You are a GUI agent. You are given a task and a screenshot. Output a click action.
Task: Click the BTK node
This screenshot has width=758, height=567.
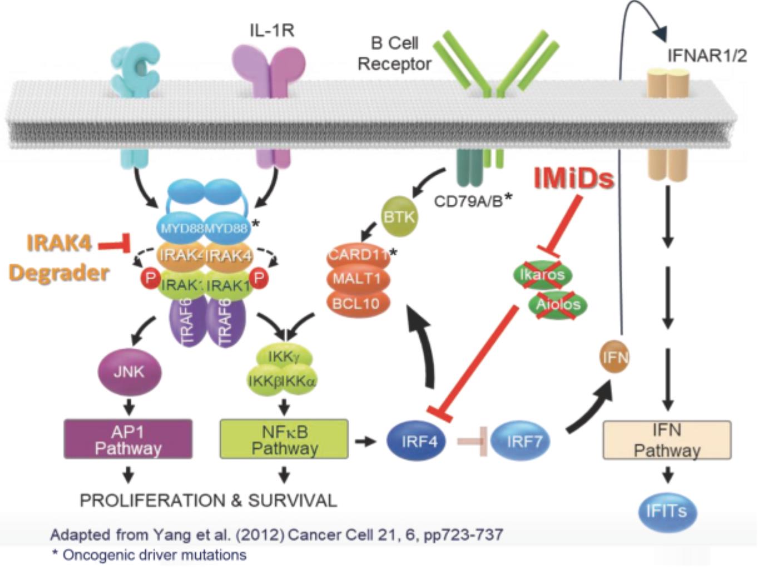click(x=399, y=216)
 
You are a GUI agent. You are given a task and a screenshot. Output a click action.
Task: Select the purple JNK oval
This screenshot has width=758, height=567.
click(x=129, y=372)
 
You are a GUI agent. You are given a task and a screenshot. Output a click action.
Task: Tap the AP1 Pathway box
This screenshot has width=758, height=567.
click(x=128, y=439)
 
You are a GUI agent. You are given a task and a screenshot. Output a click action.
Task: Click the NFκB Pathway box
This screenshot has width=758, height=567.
click(x=284, y=439)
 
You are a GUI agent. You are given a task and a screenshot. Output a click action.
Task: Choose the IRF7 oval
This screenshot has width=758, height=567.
click(x=523, y=441)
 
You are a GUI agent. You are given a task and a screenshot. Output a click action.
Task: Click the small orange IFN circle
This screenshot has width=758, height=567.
click(x=614, y=357)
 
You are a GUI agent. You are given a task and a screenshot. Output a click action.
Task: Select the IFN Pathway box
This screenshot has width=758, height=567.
click(x=667, y=440)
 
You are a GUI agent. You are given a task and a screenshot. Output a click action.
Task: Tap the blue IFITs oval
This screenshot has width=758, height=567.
click(x=666, y=511)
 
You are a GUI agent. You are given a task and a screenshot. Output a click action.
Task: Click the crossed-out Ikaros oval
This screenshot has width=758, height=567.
click(x=542, y=274)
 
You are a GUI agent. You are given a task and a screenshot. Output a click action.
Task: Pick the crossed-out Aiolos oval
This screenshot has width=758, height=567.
click(x=558, y=304)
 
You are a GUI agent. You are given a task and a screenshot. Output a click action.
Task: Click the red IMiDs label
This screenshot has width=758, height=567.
click(x=574, y=179)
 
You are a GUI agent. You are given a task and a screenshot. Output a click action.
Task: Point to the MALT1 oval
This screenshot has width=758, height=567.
click(x=356, y=278)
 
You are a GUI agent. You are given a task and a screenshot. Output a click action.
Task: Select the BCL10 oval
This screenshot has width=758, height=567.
click(x=356, y=303)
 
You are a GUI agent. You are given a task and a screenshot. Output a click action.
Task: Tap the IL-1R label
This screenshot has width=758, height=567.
click(x=271, y=30)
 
